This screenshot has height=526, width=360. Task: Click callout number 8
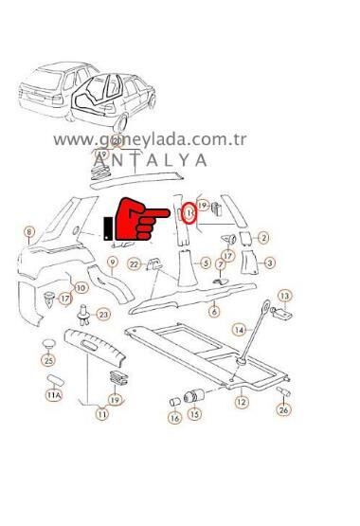[29, 231]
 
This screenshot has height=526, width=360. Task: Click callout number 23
[103, 313]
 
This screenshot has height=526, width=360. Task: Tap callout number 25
[49, 359]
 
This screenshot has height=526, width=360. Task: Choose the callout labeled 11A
[53, 393]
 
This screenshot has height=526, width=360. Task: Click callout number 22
[135, 263]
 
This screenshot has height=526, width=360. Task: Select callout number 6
[214, 311]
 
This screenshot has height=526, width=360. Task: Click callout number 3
[270, 263]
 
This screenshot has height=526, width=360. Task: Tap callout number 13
[283, 296]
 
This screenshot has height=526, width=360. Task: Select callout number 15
[194, 415]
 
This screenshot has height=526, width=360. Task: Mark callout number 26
[283, 409]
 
